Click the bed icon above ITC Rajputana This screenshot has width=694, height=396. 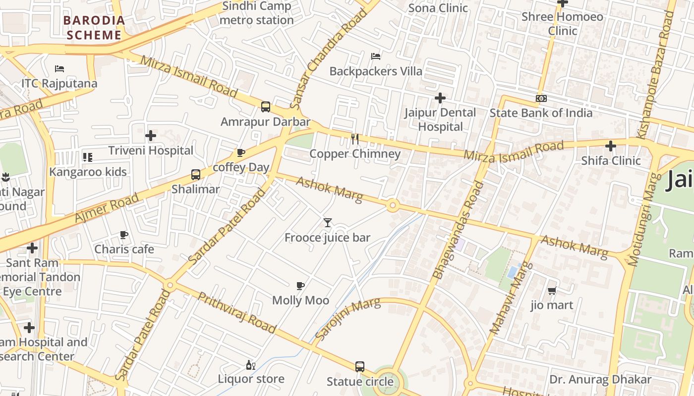pyautogui.click(x=59, y=69)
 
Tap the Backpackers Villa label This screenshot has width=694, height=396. pyautogui.click(x=376, y=71)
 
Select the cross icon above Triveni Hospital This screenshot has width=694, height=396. pyautogui.click(x=151, y=136)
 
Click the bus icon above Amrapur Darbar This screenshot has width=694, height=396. pyautogui.click(x=266, y=107)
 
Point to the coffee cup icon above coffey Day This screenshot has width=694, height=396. pyautogui.click(x=241, y=152)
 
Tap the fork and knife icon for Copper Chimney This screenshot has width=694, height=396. pyautogui.click(x=355, y=139)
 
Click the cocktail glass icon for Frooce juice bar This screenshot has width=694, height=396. pyautogui.click(x=327, y=223)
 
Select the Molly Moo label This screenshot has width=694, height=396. pyautogui.click(x=300, y=300)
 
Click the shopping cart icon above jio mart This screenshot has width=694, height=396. pyautogui.click(x=552, y=291)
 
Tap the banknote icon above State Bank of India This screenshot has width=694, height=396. pyautogui.click(x=541, y=99)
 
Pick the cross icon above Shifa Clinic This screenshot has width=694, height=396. pyautogui.click(x=611, y=146)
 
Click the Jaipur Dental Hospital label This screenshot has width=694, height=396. pyautogui.click(x=440, y=119)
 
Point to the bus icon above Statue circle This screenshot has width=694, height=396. pyautogui.click(x=360, y=367)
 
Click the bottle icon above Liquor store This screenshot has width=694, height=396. pyautogui.click(x=251, y=365)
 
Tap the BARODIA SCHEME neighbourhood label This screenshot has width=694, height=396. pyautogui.click(x=94, y=28)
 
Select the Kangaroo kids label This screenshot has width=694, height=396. pyautogui.click(x=88, y=172)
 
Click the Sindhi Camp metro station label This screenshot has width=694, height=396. pyautogui.click(x=256, y=13)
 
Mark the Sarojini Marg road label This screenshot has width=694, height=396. pyautogui.click(x=347, y=319)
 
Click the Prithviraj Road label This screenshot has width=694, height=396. pyautogui.click(x=236, y=312)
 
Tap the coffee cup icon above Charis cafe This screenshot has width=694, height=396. pyautogui.click(x=124, y=235)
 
